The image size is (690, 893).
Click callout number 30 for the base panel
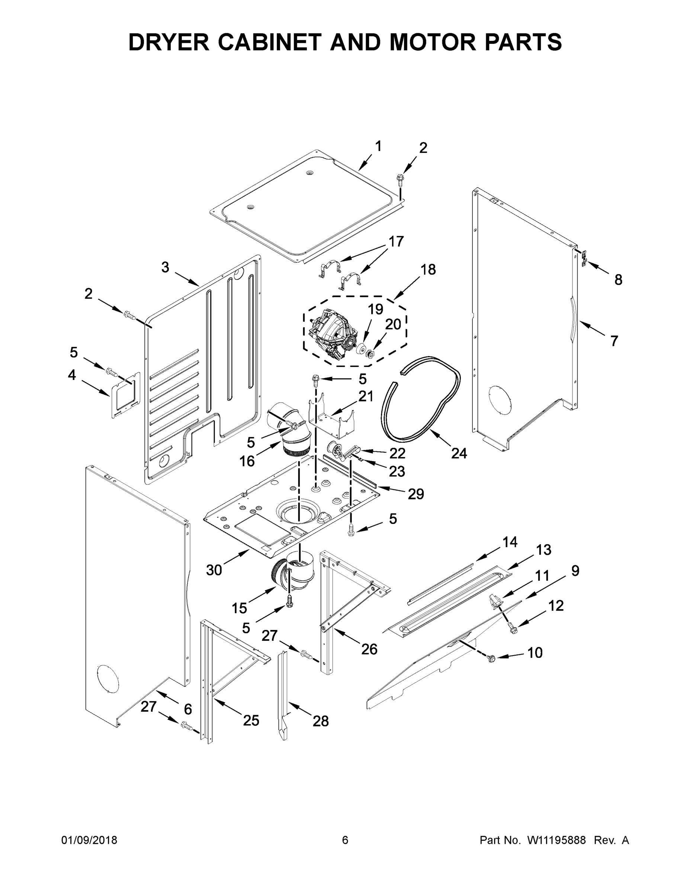point(214,570)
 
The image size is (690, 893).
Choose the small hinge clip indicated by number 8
point(585,258)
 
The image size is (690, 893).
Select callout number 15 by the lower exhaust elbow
point(240,608)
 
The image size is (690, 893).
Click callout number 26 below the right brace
point(369,649)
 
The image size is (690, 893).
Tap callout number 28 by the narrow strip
point(321,721)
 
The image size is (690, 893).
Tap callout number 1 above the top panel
point(378,146)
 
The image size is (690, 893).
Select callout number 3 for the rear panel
point(165,268)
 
